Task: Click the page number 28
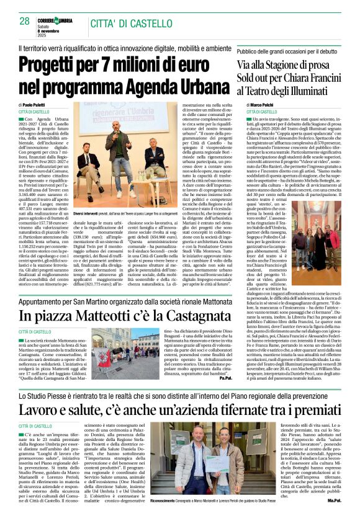[24, 20]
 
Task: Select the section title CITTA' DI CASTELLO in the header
[132, 23]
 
